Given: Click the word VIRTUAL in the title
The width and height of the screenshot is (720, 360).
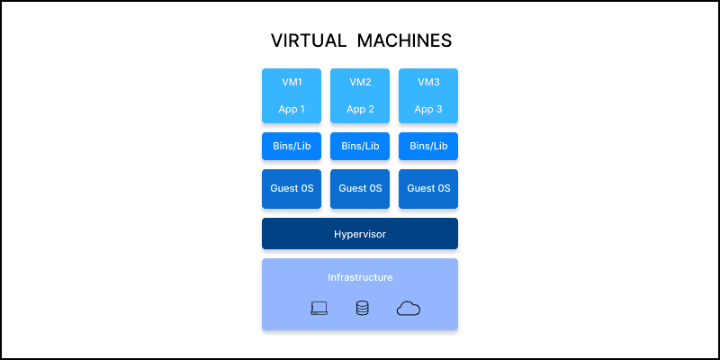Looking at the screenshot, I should (308, 41).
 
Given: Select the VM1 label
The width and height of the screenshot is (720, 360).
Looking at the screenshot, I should (292, 82).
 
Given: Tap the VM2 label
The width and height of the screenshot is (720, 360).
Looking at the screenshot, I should (360, 82).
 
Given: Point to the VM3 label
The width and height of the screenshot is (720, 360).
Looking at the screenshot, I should (428, 82).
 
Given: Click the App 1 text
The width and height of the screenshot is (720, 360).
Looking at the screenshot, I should (292, 110).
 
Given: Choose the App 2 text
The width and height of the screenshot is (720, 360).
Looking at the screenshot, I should (360, 110).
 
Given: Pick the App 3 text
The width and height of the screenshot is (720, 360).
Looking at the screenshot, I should (428, 110).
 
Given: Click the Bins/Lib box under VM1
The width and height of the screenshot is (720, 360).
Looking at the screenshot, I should (292, 146).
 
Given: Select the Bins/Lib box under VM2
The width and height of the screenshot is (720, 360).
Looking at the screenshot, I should (360, 146).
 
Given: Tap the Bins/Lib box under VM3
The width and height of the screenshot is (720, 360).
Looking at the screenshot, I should (428, 146).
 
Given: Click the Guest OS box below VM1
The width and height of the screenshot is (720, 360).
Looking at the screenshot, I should (292, 189).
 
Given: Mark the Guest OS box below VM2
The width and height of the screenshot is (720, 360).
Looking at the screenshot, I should (360, 189).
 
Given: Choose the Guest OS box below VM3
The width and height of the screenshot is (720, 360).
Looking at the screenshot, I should (428, 189).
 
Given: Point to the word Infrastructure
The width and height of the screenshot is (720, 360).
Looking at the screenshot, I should (360, 277).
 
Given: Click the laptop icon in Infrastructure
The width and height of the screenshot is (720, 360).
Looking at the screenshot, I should (319, 309).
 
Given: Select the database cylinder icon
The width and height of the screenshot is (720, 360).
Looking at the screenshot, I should (362, 309).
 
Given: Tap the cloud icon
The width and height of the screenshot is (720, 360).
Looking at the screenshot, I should (409, 309).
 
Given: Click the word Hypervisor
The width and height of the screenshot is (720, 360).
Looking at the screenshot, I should (360, 233).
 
